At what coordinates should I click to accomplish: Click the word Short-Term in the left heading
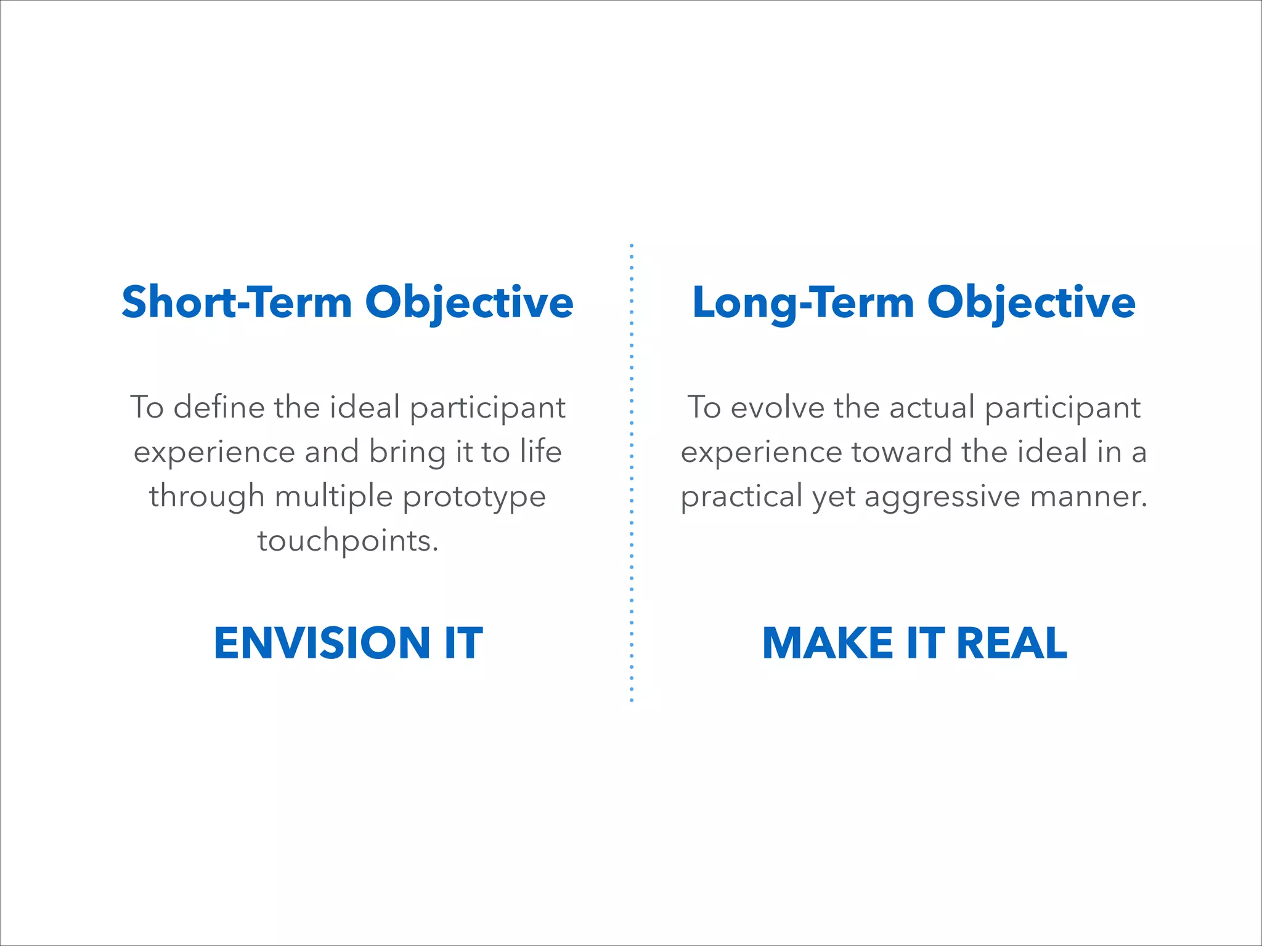237,302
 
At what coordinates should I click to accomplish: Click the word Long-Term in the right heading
803,302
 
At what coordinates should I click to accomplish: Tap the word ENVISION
322,643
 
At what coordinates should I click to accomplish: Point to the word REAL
1012,643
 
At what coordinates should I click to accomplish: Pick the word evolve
778,407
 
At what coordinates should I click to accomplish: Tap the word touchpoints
348,541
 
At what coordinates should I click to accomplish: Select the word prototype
474,496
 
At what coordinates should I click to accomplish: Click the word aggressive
942,496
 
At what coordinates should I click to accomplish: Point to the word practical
741,496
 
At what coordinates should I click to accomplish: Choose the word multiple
333,496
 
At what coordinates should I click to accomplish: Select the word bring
407,451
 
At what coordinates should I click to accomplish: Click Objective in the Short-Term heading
470,302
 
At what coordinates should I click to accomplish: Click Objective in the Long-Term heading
1031,302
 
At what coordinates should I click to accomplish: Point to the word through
206,496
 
